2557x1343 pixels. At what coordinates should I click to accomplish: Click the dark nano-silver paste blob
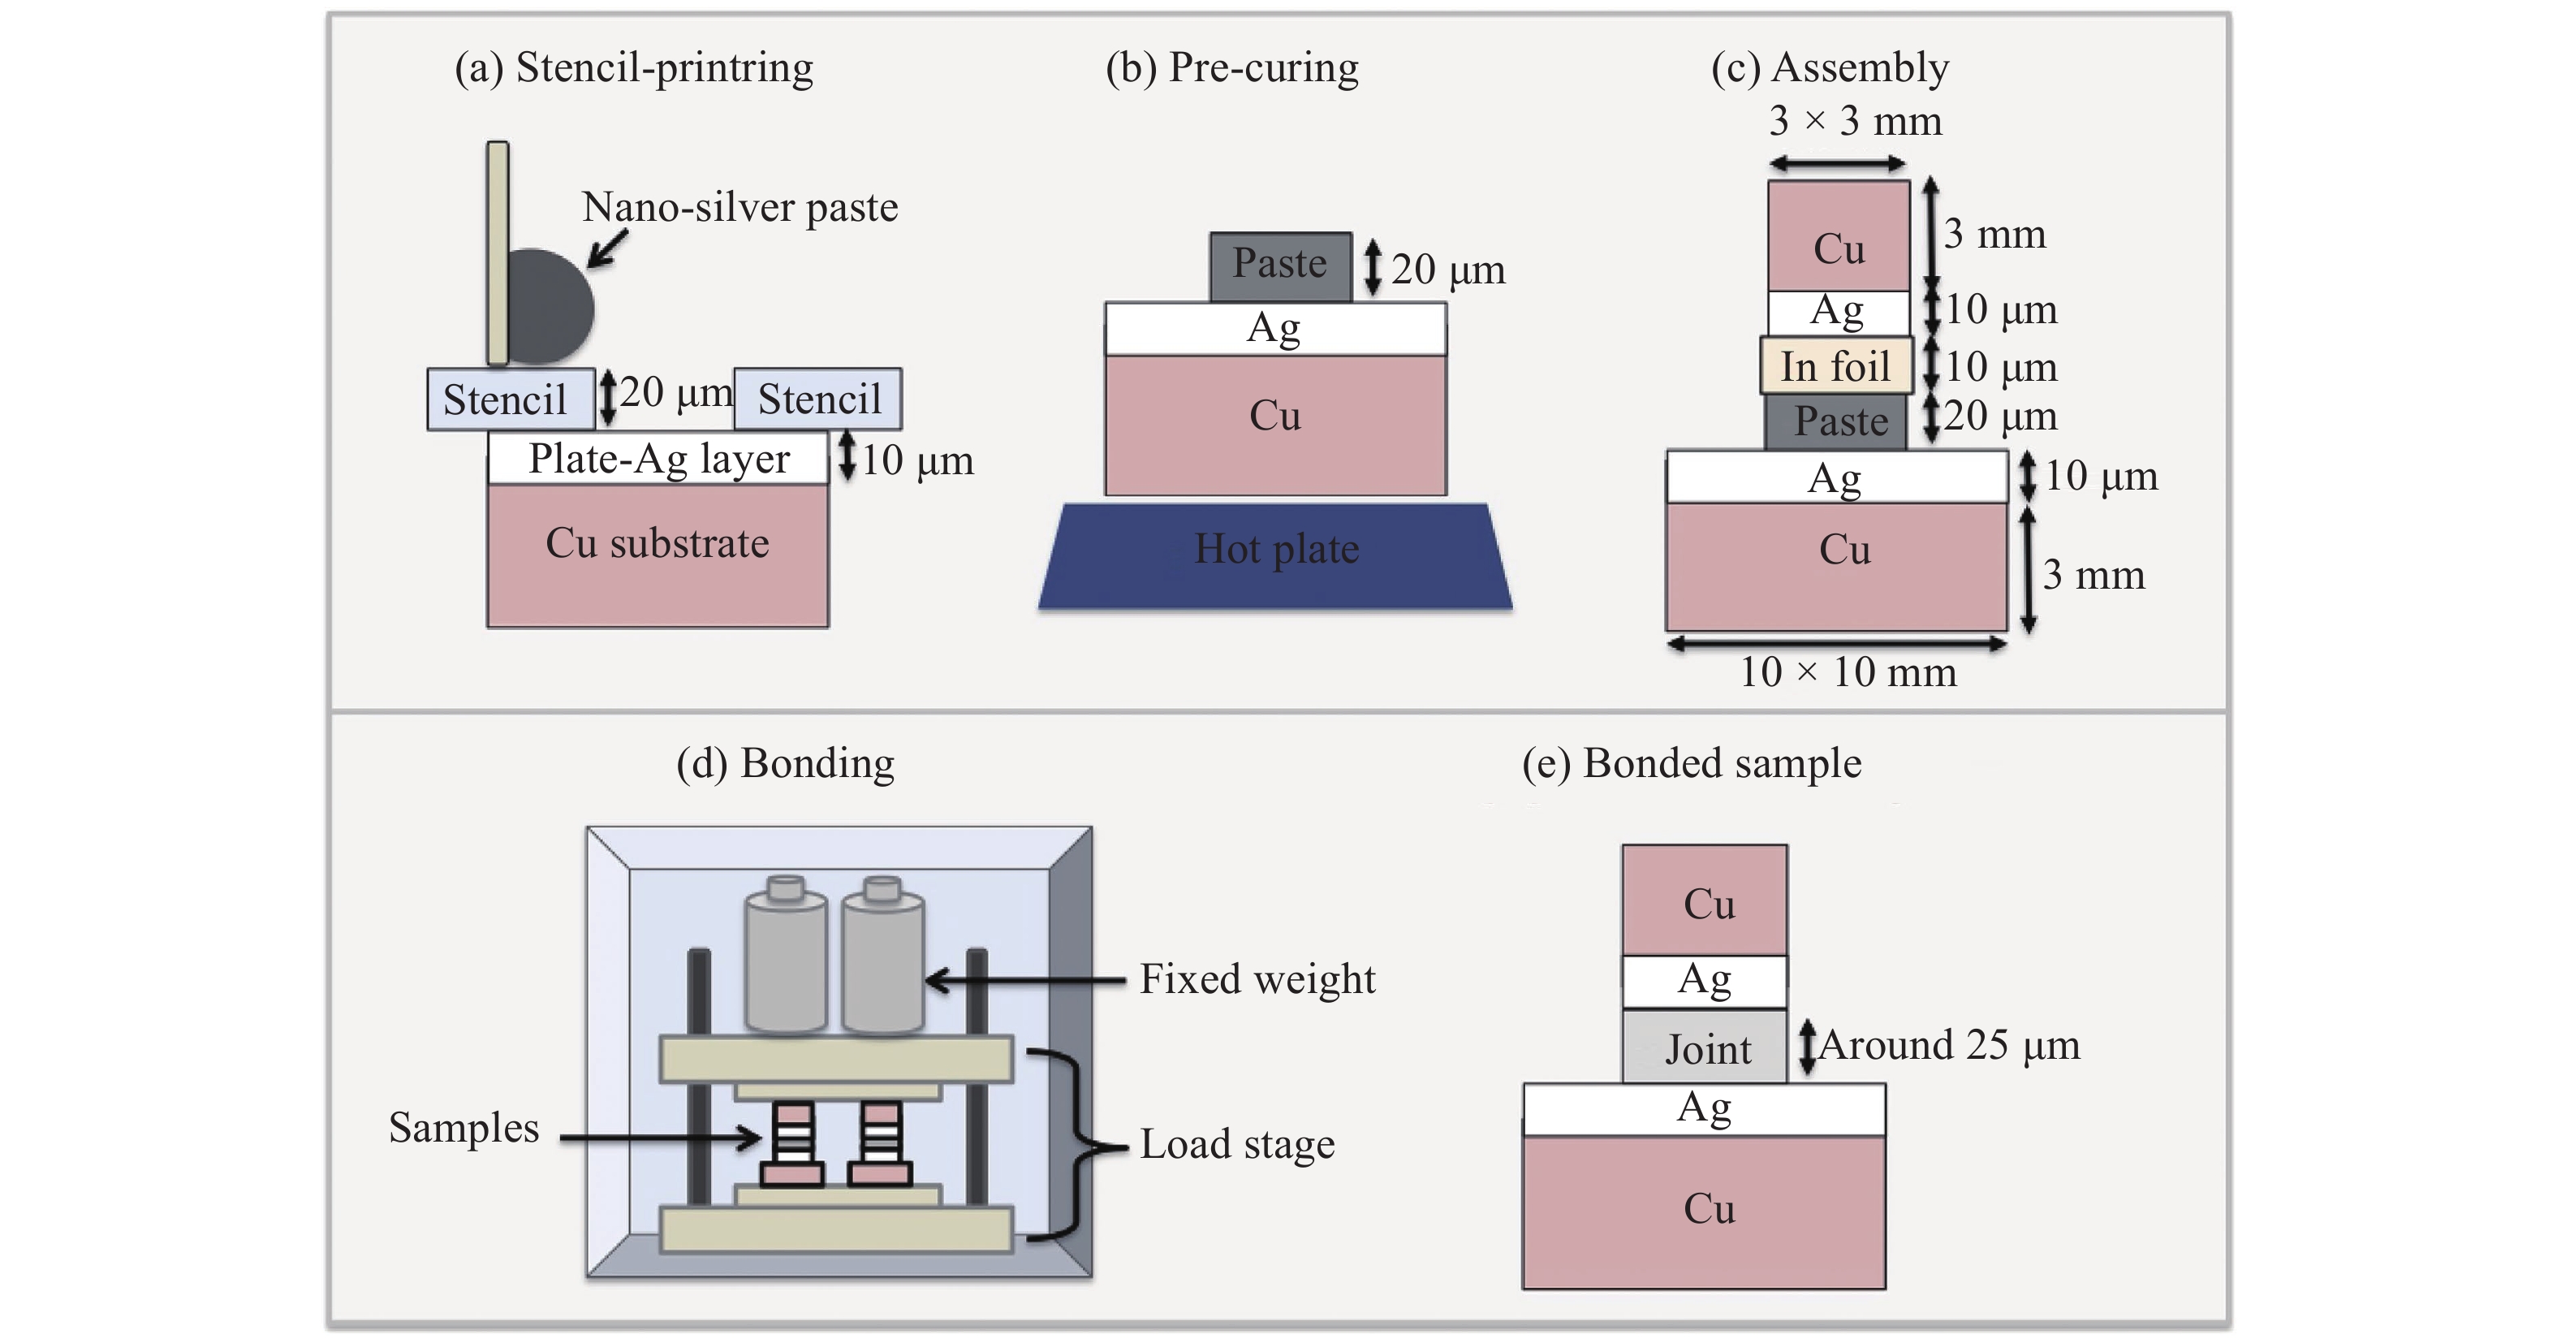click(551, 307)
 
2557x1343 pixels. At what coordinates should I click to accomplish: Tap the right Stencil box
click(819, 399)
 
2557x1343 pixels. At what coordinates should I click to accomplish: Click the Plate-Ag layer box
click(658, 459)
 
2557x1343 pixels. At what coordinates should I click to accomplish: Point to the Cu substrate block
click(658, 556)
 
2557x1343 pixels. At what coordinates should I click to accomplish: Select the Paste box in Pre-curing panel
click(1279, 266)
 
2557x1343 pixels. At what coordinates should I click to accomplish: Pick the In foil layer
click(1835, 365)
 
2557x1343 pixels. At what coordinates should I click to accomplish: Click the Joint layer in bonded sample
click(1705, 1047)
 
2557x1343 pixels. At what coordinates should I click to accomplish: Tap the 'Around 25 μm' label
click(1948, 1045)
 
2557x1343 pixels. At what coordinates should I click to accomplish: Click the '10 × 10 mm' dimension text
click(1848, 673)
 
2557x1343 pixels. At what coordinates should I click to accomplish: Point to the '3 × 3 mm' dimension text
click(1854, 121)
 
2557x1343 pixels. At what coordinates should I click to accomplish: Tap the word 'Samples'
click(464, 1128)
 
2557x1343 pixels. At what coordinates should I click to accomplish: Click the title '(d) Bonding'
click(785, 763)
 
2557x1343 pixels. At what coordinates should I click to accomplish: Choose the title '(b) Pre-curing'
click(1232, 67)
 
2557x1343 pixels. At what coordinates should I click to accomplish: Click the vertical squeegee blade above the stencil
click(498, 253)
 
